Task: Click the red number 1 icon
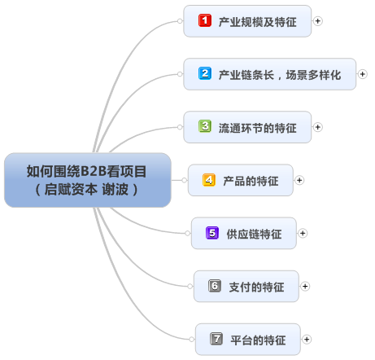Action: coord(205,20)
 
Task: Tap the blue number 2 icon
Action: coord(205,73)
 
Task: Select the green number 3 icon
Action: coord(205,126)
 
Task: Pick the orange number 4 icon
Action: coord(209,180)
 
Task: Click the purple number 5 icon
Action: coord(212,233)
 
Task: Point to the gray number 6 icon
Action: coord(215,286)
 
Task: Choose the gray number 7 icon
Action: coord(216,339)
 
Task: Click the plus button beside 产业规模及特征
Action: coord(318,21)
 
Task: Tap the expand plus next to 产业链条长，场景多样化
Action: coord(363,74)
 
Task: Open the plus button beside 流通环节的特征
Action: coord(318,127)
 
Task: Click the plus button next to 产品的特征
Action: coord(299,180)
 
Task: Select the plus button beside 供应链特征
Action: coord(303,233)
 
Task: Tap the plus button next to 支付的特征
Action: coord(305,286)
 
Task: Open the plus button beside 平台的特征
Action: coord(307,340)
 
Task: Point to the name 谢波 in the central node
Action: coord(115,189)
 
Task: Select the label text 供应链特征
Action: coord(254,234)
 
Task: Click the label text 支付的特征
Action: coord(256,287)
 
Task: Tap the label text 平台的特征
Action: coord(258,340)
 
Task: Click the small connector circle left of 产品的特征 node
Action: coord(185,180)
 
